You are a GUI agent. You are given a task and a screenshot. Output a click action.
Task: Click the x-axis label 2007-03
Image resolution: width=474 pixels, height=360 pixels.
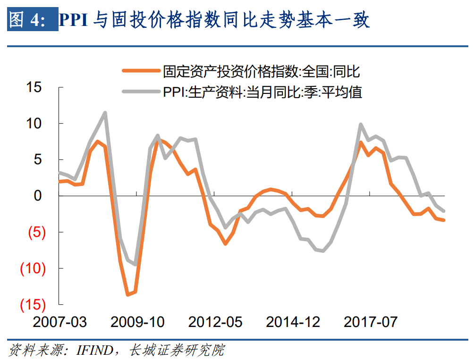tap(60, 322)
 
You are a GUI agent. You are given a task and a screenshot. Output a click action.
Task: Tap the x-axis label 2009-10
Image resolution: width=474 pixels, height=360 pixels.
tap(137, 322)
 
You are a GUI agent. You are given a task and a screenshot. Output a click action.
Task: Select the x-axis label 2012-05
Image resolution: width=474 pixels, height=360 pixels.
tap(215, 322)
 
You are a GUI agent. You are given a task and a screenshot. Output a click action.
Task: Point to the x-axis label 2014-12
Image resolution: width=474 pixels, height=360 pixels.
tap(293, 322)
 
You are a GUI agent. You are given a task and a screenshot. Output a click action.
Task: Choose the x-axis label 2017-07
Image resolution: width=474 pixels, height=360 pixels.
tap(371, 322)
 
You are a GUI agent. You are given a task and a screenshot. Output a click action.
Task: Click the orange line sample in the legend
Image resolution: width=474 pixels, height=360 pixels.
tap(141, 72)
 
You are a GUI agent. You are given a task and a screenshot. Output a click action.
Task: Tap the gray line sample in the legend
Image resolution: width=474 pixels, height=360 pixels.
tap(141, 91)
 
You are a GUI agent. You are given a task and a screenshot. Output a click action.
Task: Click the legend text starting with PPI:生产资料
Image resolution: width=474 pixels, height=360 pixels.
tap(262, 91)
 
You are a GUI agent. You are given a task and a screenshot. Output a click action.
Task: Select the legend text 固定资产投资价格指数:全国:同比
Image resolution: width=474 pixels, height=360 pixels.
tap(262, 72)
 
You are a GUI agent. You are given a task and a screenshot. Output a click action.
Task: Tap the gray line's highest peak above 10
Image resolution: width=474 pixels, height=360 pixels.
tap(105, 112)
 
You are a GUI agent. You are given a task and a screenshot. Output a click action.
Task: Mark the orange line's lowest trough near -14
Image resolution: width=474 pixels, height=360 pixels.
tap(127, 295)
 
